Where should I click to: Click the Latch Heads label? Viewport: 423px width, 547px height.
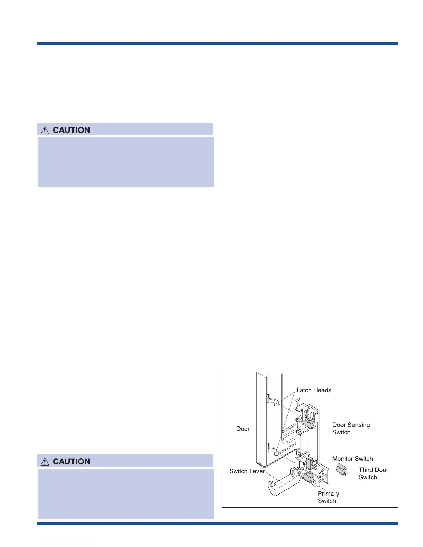314,390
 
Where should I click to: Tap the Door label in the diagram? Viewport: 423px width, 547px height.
243,429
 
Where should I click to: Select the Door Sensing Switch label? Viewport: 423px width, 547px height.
351,429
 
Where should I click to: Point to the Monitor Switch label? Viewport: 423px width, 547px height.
352,459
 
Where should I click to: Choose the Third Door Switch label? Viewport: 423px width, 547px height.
373,473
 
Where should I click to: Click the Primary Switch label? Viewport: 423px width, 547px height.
328,497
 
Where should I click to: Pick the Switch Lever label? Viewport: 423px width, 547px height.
247,471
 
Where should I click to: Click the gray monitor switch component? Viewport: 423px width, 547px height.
309,463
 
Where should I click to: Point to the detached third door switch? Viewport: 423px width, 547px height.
341,469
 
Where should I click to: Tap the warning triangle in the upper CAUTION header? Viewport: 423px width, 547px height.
45,130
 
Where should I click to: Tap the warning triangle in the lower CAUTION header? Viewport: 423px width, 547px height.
45,462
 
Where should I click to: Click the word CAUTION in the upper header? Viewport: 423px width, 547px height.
71,130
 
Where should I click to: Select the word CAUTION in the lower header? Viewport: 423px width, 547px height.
71,462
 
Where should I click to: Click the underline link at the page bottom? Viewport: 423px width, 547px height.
68,544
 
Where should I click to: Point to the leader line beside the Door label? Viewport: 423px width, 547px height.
255,429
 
